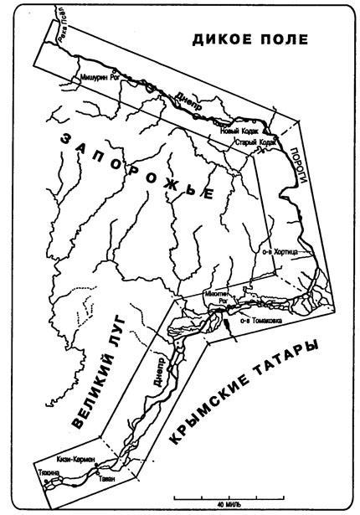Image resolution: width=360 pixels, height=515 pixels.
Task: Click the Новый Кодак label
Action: (237, 131)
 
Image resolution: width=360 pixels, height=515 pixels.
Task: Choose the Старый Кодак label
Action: (255, 143)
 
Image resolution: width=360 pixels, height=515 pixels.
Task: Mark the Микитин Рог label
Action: (215, 298)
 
